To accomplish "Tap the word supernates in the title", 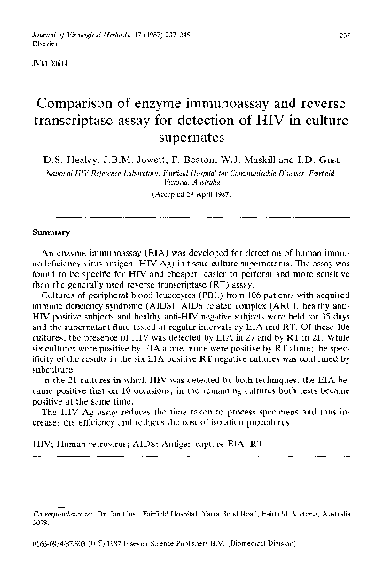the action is pos(191,139).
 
